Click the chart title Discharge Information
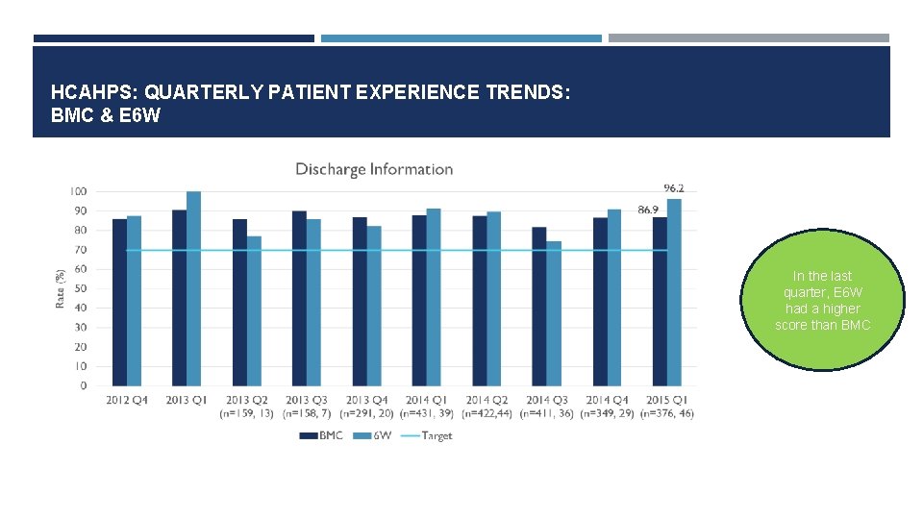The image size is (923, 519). click(374, 169)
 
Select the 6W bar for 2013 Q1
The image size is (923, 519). click(193, 288)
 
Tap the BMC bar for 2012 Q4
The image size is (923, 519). click(119, 302)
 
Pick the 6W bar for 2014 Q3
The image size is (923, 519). click(554, 313)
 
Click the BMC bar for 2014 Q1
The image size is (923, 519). click(419, 300)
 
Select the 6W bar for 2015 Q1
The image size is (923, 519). click(674, 292)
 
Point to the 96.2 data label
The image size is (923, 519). click(674, 187)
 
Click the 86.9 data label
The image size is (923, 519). click(647, 209)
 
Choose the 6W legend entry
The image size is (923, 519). click(374, 435)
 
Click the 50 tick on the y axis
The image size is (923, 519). click(81, 288)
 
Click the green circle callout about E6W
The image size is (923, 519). click(823, 300)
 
